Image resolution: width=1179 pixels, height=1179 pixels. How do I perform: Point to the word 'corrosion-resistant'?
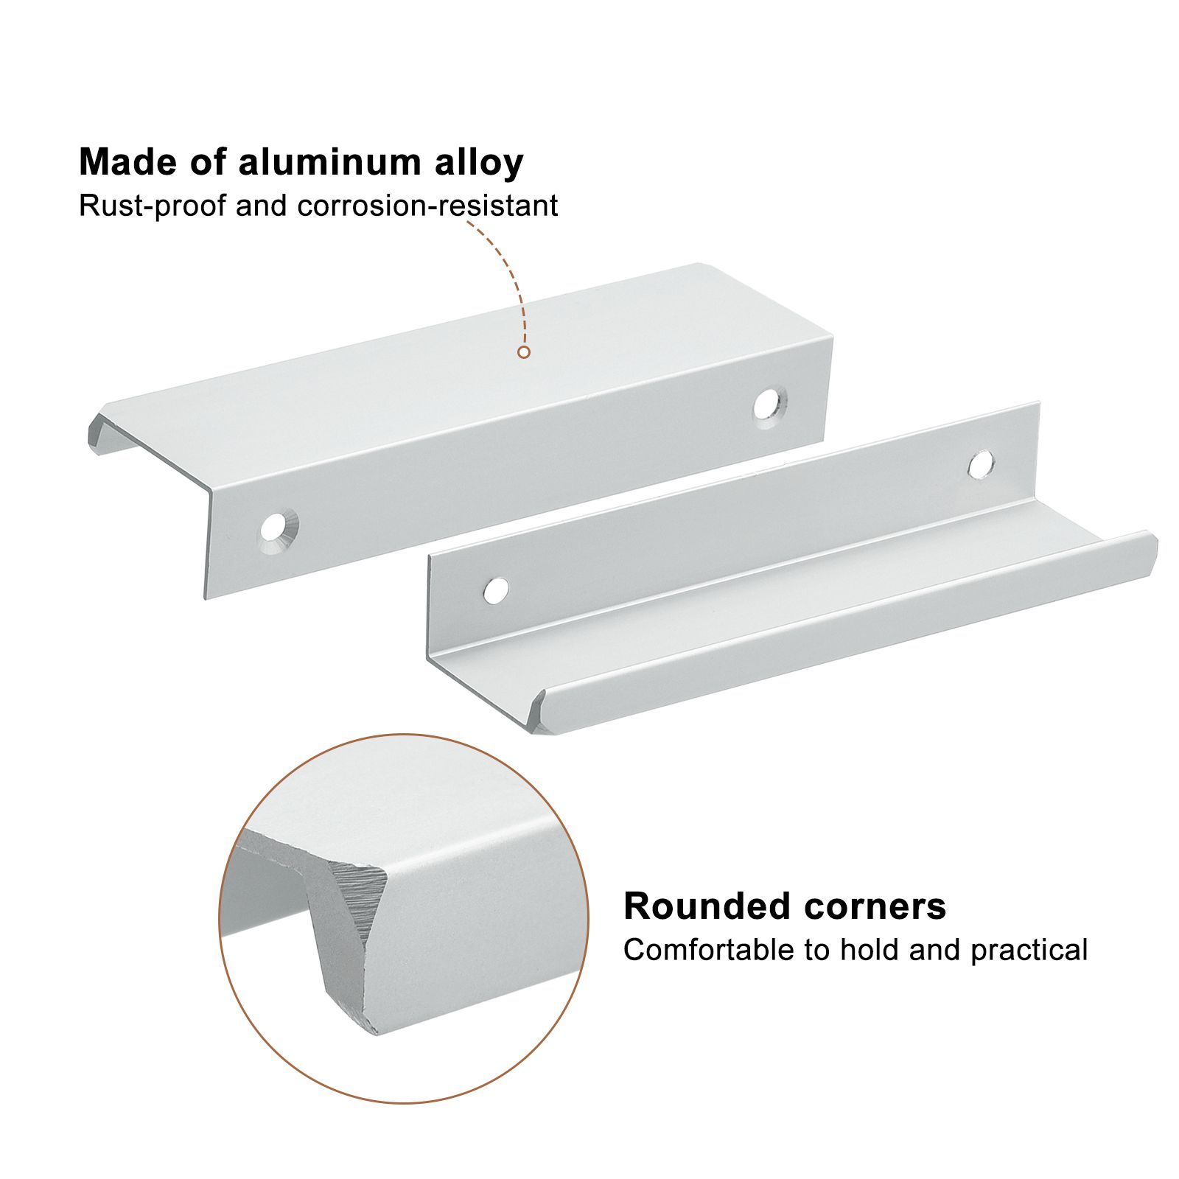427,206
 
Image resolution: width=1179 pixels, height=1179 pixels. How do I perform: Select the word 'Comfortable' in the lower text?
708,950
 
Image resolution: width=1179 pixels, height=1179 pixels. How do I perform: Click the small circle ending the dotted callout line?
524,352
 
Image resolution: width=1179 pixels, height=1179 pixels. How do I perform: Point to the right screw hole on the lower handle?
980,464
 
